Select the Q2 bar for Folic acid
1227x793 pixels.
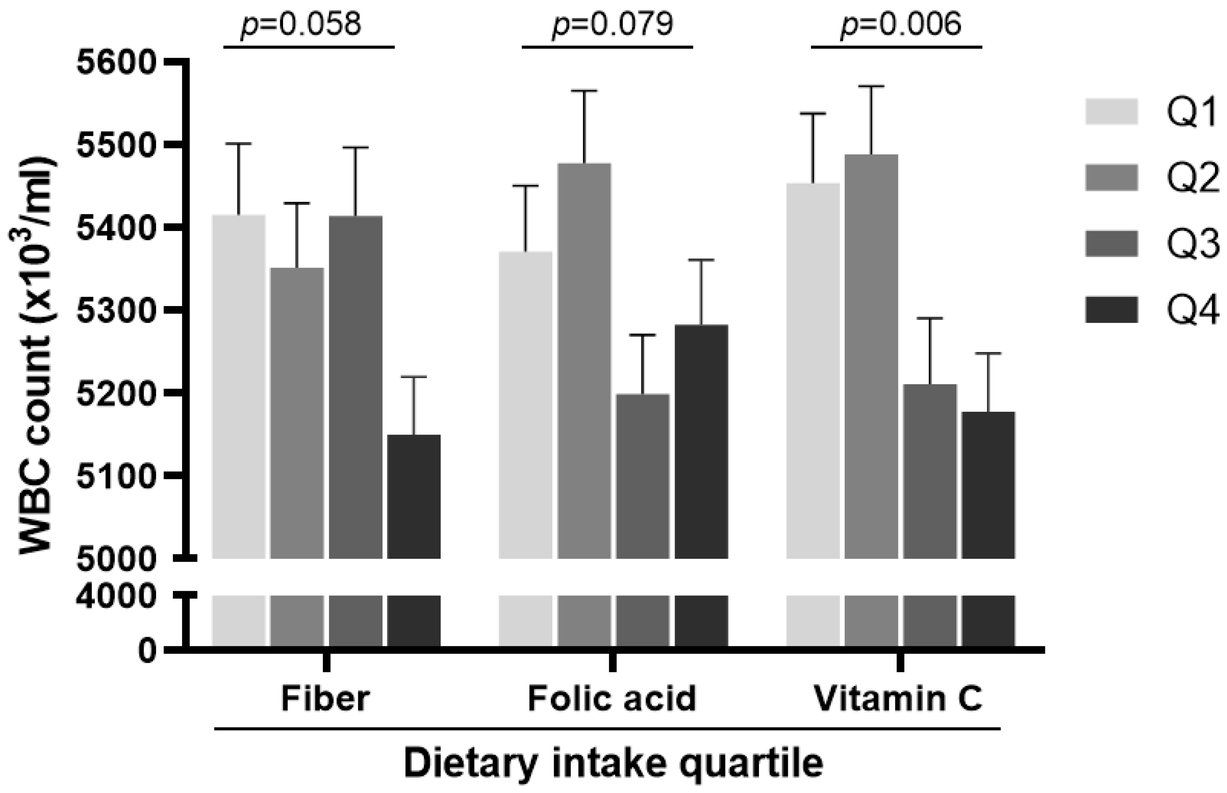pos(584,360)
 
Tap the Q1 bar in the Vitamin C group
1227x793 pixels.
pos(813,371)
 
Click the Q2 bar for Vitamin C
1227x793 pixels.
pos(871,355)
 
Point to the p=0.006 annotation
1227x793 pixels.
pos(900,25)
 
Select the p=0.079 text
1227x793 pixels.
pos(612,25)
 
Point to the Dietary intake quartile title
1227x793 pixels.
pos(613,764)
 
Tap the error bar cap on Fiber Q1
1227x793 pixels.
pos(239,144)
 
